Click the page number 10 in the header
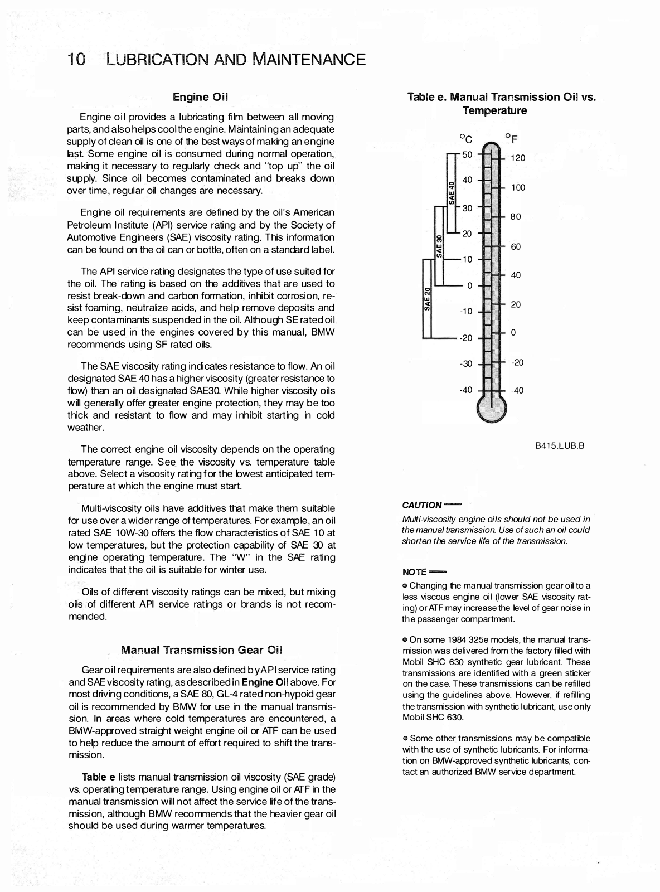pyautogui.click(x=76, y=60)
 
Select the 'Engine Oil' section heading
pyautogui.click(x=201, y=97)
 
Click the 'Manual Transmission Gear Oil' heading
pyautogui.click(x=201, y=650)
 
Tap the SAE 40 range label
pyautogui.click(x=452, y=192)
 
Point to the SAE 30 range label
pyautogui.click(x=439, y=246)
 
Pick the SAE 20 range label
pyautogui.click(x=428, y=299)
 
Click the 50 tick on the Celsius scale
pyautogui.click(x=467, y=154)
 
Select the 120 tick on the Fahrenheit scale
pyautogui.click(x=518, y=158)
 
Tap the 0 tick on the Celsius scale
pyautogui.click(x=469, y=285)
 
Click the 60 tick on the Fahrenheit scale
pyautogui.click(x=516, y=246)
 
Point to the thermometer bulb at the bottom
pyautogui.click(x=492, y=409)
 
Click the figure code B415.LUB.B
pyautogui.click(x=559, y=446)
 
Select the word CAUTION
pyautogui.click(x=421, y=505)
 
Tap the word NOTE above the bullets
pyautogui.click(x=414, y=572)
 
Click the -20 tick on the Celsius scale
pyautogui.click(x=465, y=338)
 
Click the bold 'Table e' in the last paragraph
pyautogui.click(x=98, y=777)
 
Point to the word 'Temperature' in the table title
pyautogui.click(x=494, y=110)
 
